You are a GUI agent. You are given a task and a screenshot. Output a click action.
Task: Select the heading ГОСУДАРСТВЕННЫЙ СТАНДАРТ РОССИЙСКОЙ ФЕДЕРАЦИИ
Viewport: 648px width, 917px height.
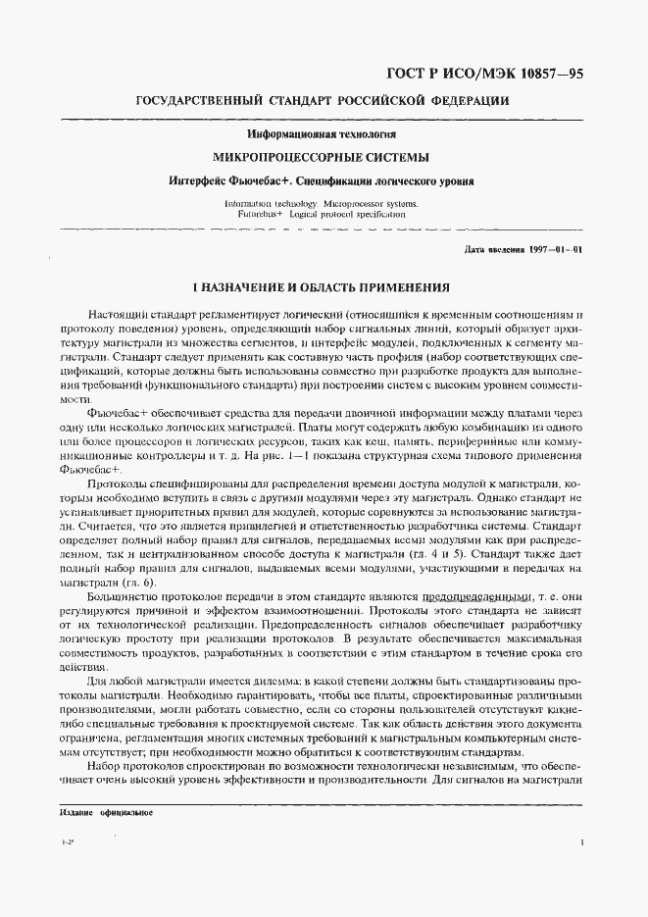point(322,101)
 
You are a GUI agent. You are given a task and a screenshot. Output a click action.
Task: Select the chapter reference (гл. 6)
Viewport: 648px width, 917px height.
point(152,583)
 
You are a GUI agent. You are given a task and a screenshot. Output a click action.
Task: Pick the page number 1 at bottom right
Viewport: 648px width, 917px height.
point(582,841)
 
